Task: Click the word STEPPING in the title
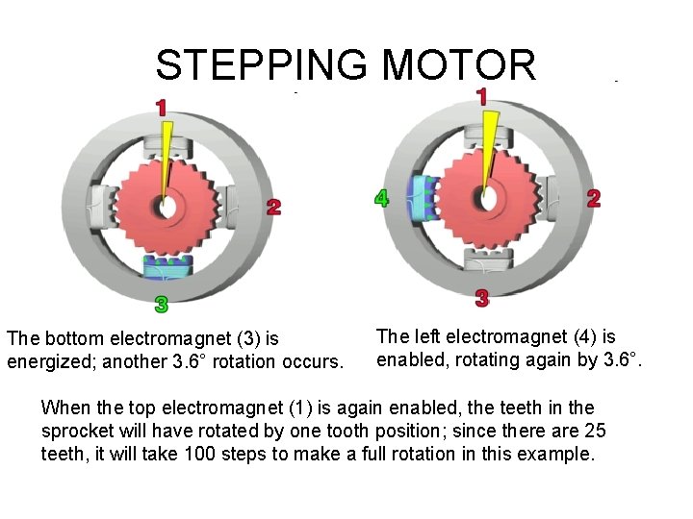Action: [x=261, y=65]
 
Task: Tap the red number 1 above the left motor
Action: [x=161, y=106]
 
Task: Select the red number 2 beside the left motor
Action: [x=274, y=208]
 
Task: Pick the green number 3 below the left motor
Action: [x=162, y=305]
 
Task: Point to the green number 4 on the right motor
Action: [x=382, y=199]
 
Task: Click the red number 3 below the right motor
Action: [x=482, y=299]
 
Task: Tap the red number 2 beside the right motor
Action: [x=594, y=198]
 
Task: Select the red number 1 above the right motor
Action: [x=481, y=96]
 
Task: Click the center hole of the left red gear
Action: [x=169, y=206]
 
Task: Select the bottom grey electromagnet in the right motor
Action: [x=485, y=259]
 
